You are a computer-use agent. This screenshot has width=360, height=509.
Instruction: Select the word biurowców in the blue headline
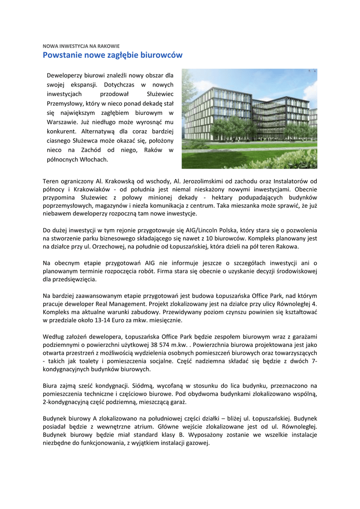coord(162,55)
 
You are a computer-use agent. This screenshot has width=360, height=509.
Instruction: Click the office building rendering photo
coord(249,119)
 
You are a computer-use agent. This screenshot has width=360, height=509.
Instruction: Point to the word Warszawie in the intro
coord(62,122)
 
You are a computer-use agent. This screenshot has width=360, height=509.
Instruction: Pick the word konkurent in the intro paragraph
coord(61,131)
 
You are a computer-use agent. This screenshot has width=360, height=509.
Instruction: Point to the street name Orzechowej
coord(104,247)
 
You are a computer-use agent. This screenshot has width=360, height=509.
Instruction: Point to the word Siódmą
coord(143,385)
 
